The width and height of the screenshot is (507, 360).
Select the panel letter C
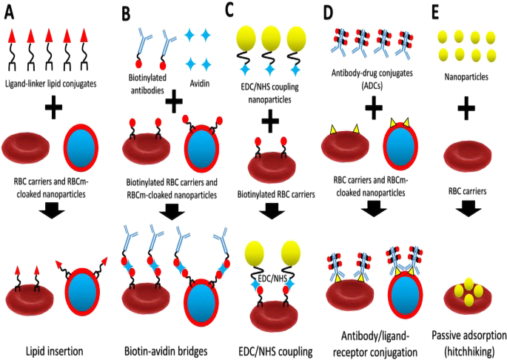point(229,10)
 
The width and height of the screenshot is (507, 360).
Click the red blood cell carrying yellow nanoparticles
point(466,295)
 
